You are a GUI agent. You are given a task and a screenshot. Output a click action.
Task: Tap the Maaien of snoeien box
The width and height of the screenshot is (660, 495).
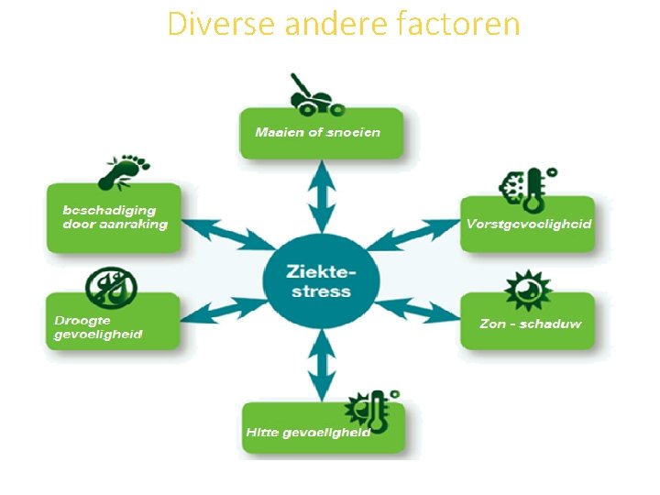point(321,133)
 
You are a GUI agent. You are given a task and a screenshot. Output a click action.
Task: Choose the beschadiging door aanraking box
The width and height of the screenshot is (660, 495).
point(114,218)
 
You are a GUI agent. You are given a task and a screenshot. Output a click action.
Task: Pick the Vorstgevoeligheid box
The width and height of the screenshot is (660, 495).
point(528,224)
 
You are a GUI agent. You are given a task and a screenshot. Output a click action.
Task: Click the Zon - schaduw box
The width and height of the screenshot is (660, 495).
point(528,323)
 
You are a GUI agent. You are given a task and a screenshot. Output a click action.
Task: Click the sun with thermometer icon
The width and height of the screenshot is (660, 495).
point(367,410)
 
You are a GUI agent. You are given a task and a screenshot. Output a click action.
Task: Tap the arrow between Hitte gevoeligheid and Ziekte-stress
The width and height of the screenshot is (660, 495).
point(320,365)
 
